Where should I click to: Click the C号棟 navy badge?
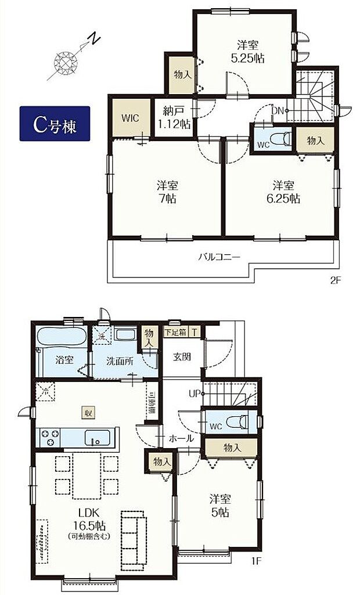pyautogui.click(x=55, y=124)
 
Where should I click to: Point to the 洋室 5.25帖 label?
pyautogui.click(x=247, y=51)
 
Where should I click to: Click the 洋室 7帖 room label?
pyautogui.click(x=167, y=192)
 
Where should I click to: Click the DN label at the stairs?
pyautogui.click(x=278, y=110)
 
